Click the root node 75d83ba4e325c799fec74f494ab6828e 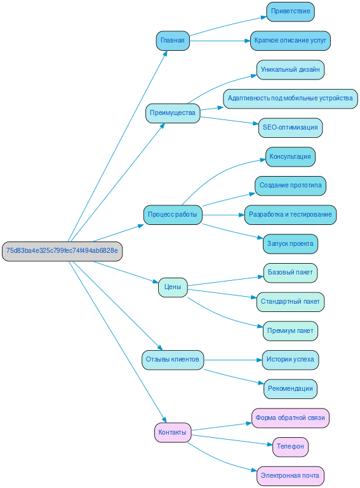62,250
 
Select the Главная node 173,41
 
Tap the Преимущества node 173,113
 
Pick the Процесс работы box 173,215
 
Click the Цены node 173,287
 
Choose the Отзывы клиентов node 173,360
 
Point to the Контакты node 173,433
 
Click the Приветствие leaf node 290,11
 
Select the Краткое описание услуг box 290,41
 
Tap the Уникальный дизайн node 290,69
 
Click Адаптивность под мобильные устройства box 290,98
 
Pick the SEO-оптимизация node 290,128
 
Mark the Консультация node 290,156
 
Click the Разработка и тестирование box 290,215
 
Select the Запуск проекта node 290,244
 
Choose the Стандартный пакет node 290,302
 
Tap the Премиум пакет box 290,331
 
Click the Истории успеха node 290,360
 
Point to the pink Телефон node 290,447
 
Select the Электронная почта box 290,476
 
